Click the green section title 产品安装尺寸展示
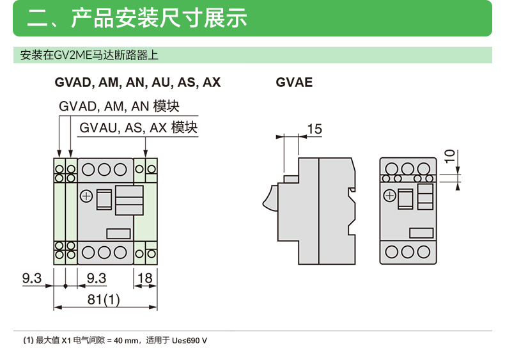coord(137,18)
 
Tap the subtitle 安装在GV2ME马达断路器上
coord(89,55)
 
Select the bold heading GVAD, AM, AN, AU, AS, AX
coord(137,82)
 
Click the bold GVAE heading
coord(294,82)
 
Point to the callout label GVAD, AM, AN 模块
coord(118,106)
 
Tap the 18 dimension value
coord(145,278)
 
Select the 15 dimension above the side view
coord(315,129)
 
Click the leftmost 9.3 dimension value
coord(31,278)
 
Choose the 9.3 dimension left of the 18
coord(96,278)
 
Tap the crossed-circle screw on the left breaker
coord(86,196)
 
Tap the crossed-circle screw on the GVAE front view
coord(388,196)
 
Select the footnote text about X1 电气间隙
coord(115,340)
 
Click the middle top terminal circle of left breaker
coord(105,169)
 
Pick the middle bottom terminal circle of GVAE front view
coord(407,251)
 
